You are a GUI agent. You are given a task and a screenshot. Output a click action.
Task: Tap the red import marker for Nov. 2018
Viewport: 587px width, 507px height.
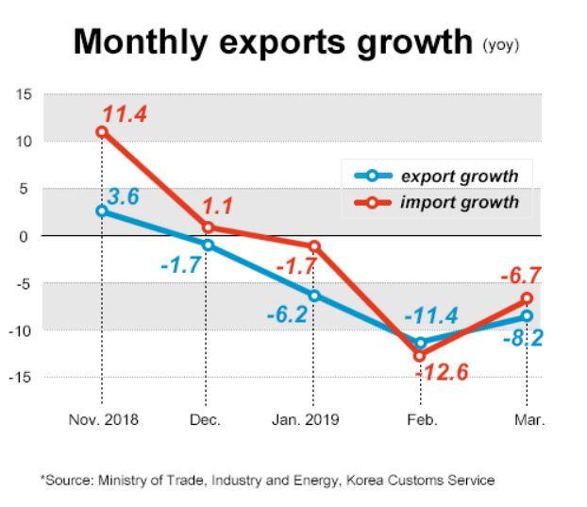click(102, 131)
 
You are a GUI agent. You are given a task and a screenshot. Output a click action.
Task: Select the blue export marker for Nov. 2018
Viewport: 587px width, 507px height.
click(102, 211)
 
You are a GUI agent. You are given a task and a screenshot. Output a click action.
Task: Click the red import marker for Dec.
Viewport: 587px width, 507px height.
click(208, 227)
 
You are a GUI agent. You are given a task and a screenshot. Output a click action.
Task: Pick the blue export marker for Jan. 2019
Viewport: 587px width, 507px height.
click(313, 296)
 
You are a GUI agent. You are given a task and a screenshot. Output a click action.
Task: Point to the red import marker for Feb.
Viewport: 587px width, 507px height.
click(420, 355)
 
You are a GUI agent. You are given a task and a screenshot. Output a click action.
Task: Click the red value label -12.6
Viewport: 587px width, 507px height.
click(441, 374)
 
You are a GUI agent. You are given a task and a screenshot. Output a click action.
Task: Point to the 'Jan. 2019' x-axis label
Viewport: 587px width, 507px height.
click(312, 419)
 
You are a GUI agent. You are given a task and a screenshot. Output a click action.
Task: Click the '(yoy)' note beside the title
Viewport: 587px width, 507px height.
click(501, 44)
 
